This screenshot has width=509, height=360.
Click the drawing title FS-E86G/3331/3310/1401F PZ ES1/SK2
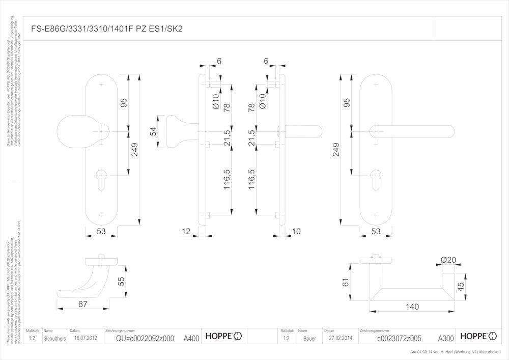point(110,29)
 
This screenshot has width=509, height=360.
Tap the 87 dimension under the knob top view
point(83,303)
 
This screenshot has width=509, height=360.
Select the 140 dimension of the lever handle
point(412,307)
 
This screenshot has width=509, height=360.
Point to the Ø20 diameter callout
point(448,260)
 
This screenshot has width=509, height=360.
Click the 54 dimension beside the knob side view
point(153,132)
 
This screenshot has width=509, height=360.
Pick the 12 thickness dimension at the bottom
point(185,232)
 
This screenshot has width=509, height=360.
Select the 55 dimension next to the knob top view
point(121,281)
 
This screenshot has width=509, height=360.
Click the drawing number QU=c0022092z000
point(145,338)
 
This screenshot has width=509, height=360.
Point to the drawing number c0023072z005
point(399,338)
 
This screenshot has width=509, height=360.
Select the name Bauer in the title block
point(309,338)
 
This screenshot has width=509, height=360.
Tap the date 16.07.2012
point(85,338)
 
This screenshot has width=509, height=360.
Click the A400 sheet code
point(191,338)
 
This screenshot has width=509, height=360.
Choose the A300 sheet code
point(446,338)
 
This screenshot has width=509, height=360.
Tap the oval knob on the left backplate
point(76,132)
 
